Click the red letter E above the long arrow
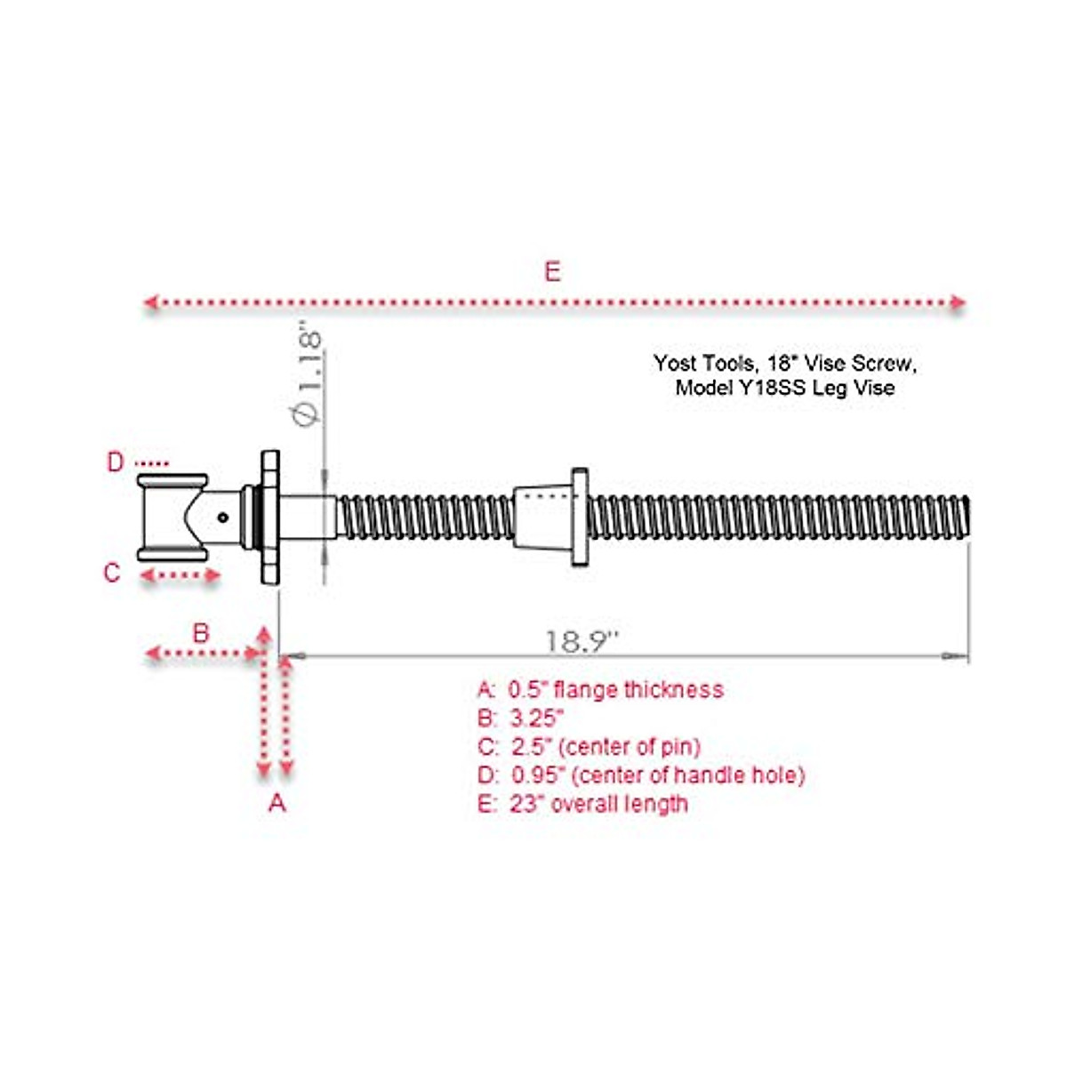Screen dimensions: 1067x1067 tap(552, 271)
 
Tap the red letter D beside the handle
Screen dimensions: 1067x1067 tap(116, 462)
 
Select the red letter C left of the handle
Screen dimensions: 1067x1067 tap(112, 573)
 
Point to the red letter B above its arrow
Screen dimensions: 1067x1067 tap(202, 633)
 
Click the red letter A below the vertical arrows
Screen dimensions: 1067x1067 tap(277, 803)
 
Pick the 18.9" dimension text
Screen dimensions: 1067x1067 tap(582, 641)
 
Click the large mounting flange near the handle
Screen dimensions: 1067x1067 tap(270, 517)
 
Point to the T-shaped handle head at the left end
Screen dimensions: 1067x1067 tap(172, 517)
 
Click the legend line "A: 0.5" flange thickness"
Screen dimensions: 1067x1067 tap(600, 690)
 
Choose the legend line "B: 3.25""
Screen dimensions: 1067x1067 tap(521, 718)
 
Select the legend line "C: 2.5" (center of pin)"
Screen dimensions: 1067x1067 tap(589, 747)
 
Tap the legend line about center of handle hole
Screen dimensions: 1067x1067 tap(640, 775)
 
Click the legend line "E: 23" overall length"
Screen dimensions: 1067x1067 tap(582, 804)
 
